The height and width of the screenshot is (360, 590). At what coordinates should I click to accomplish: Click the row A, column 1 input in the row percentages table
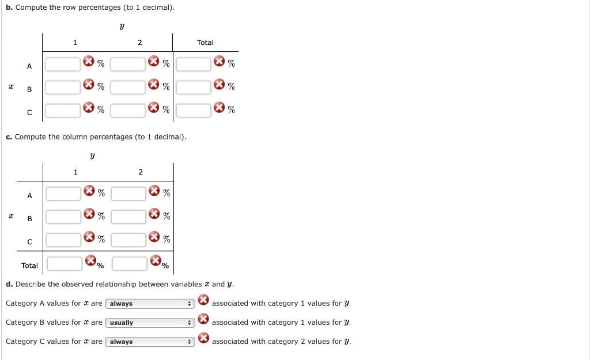(x=63, y=65)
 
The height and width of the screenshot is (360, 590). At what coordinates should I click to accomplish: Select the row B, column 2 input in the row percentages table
(x=128, y=88)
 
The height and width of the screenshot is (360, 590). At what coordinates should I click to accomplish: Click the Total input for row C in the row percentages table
(x=194, y=111)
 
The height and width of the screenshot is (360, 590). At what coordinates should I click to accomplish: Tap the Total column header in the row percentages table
(x=205, y=43)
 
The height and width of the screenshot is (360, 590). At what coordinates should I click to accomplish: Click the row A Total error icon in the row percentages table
(x=219, y=61)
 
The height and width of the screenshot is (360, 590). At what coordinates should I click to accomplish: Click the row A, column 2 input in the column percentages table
(x=128, y=194)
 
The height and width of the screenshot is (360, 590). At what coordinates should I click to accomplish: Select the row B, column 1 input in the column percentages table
(x=63, y=217)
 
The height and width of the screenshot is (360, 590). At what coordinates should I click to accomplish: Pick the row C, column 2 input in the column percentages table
(x=128, y=240)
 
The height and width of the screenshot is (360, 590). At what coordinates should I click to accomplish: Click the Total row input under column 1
(x=65, y=264)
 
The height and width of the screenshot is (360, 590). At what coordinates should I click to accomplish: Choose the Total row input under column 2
(x=130, y=264)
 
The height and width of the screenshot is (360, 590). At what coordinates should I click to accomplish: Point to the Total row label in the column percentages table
(x=29, y=266)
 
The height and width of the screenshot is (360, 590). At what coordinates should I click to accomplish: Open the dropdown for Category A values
(x=150, y=304)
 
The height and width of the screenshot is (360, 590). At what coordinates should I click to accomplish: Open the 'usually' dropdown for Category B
(x=150, y=323)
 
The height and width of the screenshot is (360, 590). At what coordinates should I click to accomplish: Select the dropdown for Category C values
(x=150, y=342)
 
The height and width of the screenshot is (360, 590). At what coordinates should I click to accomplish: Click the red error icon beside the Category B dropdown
(x=203, y=319)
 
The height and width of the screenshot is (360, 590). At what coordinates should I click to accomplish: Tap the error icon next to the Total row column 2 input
(x=156, y=260)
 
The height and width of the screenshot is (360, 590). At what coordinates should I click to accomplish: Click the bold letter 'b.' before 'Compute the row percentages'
(x=9, y=7)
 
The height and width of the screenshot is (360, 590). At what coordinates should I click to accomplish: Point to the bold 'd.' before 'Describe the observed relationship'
(x=9, y=285)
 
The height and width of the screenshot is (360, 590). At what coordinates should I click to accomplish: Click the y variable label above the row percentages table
(x=122, y=26)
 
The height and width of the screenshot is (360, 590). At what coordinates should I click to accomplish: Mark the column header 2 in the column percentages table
(x=141, y=172)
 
